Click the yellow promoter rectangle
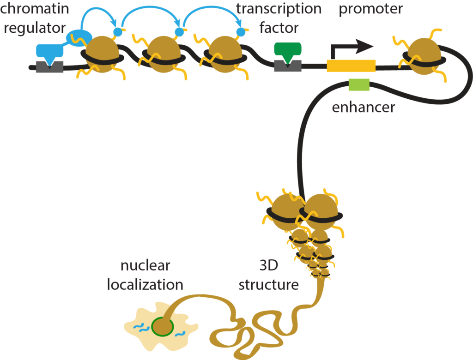351,66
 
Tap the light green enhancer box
359,84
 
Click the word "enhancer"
364,108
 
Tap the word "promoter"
371,8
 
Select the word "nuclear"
145,266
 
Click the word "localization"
145,285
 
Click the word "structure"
268,285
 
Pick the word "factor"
279,28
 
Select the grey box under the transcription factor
287,66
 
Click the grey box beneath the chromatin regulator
49,67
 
